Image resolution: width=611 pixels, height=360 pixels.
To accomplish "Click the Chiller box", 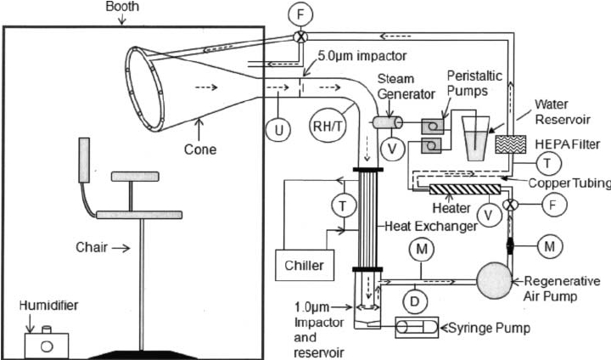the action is click(x=305, y=265).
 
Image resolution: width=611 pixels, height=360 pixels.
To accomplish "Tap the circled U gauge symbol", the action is click(x=278, y=130).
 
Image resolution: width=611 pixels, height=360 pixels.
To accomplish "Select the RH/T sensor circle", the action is click(x=328, y=126).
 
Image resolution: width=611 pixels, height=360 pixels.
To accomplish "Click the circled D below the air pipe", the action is click(x=415, y=301).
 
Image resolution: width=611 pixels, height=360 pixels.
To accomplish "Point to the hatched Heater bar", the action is click(x=465, y=189).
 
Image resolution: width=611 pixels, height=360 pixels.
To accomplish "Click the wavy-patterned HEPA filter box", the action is click(x=511, y=144).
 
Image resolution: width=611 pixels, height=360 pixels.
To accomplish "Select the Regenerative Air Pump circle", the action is click(x=494, y=280).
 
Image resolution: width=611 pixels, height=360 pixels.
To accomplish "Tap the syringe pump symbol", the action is click(x=417, y=327).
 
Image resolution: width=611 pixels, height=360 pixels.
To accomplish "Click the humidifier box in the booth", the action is click(x=47, y=345).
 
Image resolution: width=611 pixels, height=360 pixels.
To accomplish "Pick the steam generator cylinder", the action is click(x=388, y=122).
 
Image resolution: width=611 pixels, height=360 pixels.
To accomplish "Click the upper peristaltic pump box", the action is click(x=432, y=127).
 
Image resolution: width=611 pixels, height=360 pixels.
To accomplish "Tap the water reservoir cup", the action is click(x=475, y=138).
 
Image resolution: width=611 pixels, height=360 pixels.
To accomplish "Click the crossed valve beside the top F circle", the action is click(x=300, y=37).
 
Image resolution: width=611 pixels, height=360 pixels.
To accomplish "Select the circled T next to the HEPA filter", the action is click(x=548, y=163).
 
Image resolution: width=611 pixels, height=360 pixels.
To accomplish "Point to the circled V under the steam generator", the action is click(x=392, y=149).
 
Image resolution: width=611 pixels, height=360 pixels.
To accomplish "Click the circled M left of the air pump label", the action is click(x=549, y=246).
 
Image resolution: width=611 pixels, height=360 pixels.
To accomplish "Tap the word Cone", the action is click(x=200, y=149).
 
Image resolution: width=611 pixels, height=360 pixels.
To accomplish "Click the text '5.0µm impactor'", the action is click(x=362, y=56).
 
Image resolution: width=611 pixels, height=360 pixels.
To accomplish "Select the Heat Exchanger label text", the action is click(x=431, y=226).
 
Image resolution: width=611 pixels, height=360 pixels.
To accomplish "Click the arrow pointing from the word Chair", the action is click(x=121, y=248).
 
